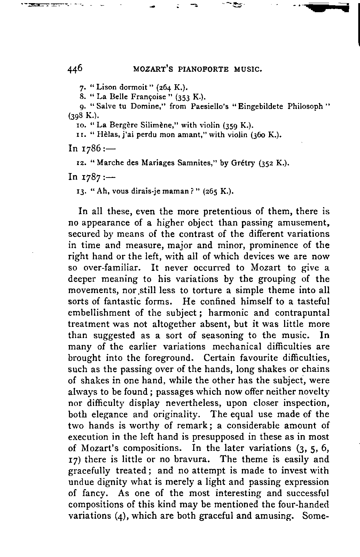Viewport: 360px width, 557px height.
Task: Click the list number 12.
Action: [x=79, y=163]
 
